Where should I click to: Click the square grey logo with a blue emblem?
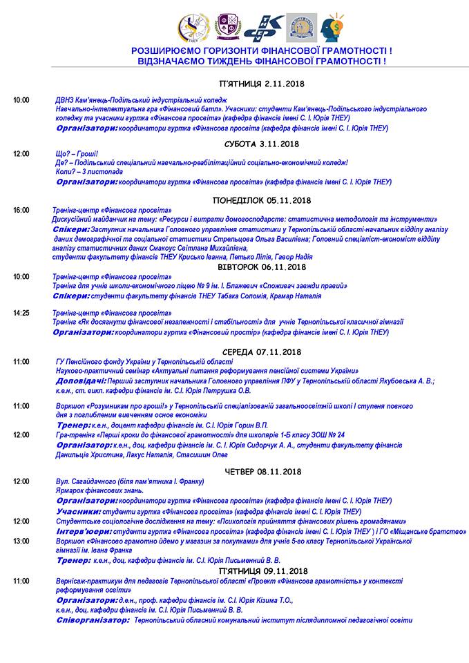pyautogui.click(x=301, y=28)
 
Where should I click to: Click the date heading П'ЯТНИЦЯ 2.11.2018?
pyautogui.click(x=262, y=84)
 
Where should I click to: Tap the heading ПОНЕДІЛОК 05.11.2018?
pyautogui.click(x=262, y=200)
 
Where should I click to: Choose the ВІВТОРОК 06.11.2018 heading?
pyautogui.click(x=262, y=267)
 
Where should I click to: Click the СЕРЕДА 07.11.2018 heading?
pyautogui.click(x=262, y=352)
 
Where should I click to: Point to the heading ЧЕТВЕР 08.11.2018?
pyautogui.click(x=262, y=472)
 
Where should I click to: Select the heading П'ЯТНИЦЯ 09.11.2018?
pyautogui.click(x=262, y=572)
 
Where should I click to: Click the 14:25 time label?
pyautogui.click(x=21, y=313)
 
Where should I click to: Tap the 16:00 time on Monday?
pyautogui.click(x=21, y=210)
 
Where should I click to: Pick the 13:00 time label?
pyautogui.click(x=21, y=541)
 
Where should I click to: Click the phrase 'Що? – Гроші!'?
pyautogui.click(x=76, y=153)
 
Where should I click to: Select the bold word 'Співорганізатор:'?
pyautogui.click(x=93, y=620)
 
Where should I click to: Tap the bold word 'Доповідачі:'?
pyautogui.click(x=81, y=381)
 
